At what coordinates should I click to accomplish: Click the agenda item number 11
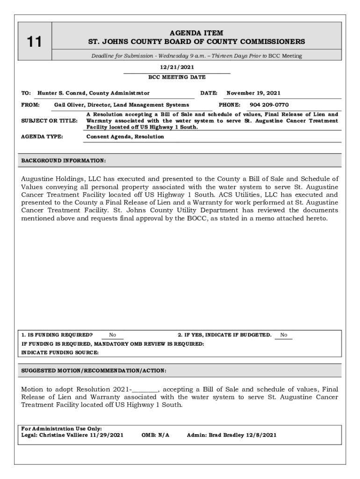[x=34, y=42]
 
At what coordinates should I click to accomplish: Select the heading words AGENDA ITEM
[x=196, y=33]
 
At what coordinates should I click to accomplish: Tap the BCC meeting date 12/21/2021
[x=177, y=67]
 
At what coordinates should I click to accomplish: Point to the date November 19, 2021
[x=253, y=93]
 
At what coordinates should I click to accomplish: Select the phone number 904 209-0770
[x=269, y=105]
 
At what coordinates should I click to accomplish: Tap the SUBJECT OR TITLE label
[x=50, y=121]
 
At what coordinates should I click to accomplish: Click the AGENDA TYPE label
[x=43, y=137]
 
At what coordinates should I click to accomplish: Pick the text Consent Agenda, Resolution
[x=125, y=137]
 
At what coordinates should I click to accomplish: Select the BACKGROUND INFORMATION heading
[x=64, y=161]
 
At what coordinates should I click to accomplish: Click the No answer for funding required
[x=112, y=335]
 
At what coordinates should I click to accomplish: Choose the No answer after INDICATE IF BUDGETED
[x=284, y=335]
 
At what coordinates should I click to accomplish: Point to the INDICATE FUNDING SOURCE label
[x=60, y=353]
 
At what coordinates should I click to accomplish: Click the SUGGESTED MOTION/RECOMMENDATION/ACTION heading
[x=94, y=370]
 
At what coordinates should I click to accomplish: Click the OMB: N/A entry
[x=155, y=435]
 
